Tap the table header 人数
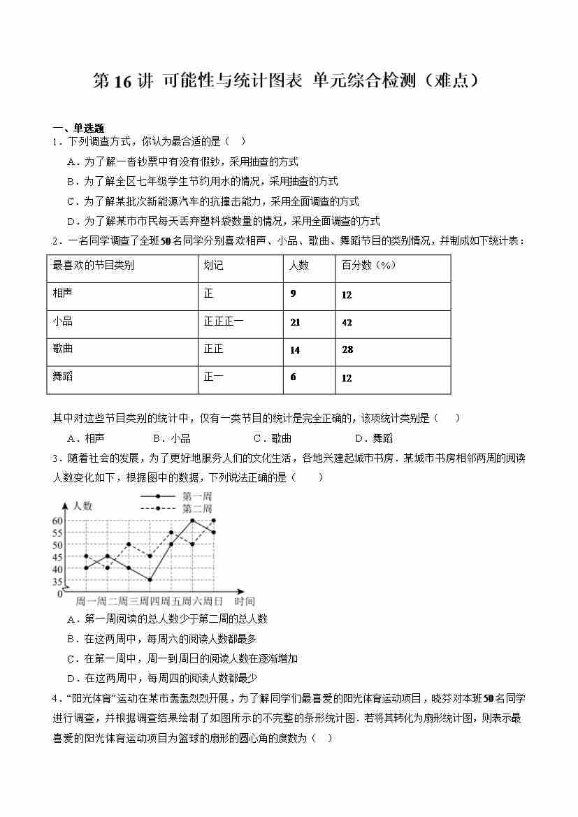pyautogui.click(x=299, y=266)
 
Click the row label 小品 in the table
pyautogui.click(x=63, y=321)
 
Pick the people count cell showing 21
pyautogui.click(x=295, y=322)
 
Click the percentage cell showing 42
pyautogui.click(x=347, y=322)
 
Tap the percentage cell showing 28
pyautogui.click(x=347, y=349)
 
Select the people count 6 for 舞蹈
pyautogui.click(x=293, y=377)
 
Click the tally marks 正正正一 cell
pyautogui.click(x=224, y=321)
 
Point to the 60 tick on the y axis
pyautogui.click(x=57, y=521)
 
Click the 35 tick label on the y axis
pyautogui.click(x=57, y=580)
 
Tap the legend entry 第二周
pyautogui.click(x=196, y=508)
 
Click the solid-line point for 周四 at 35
pyautogui.click(x=150, y=579)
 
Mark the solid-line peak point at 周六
pyautogui.click(x=192, y=521)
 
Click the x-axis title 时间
pyautogui.click(x=245, y=601)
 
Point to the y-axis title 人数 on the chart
pyautogui.click(x=82, y=506)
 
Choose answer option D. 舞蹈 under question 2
pyautogui.click(x=374, y=438)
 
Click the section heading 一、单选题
pyautogui.click(x=78, y=128)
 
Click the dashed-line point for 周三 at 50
pyautogui.click(x=129, y=544)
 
